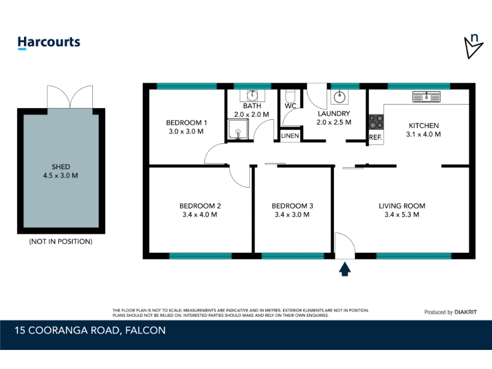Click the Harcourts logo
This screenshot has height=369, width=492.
(49, 42)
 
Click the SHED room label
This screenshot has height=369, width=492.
(61, 167)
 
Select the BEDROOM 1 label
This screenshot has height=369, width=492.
(186, 122)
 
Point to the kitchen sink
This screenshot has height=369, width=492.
(426, 97)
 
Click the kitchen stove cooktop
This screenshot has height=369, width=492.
(376, 122)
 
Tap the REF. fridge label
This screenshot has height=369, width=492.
(375, 137)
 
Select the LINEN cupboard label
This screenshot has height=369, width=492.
(290, 136)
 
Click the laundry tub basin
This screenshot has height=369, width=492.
(339, 97)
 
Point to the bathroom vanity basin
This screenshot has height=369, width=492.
(252, 95)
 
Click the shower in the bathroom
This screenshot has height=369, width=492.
(238, 129)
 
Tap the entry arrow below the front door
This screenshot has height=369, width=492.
(345, 269)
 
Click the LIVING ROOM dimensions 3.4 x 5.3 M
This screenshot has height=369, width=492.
(402, 215)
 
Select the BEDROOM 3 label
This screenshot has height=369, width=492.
(293, 206)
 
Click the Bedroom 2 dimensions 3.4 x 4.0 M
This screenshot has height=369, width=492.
(200, 215)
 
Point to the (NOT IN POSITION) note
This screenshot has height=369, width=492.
(61, 241)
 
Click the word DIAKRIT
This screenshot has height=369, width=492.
(466, 312)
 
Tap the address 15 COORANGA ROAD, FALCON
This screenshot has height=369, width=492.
(90, 330)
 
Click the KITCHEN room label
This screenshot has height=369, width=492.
(424, 125)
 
